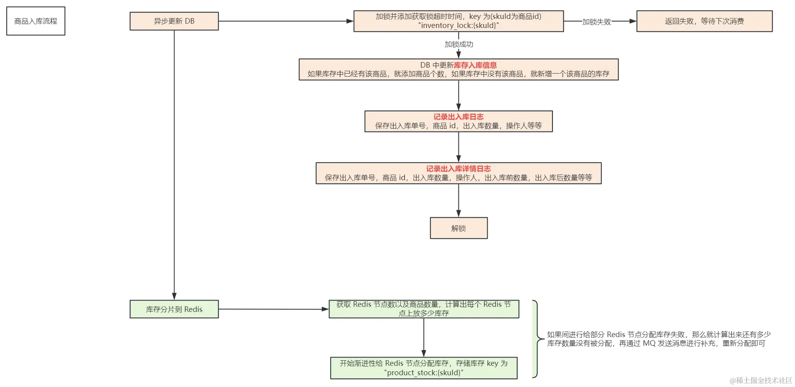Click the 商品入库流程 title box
[36, 21]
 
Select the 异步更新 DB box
[174, 21]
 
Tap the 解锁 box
[459, 228]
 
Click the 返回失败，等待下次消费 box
[704, 21]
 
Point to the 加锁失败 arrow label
[597, 22]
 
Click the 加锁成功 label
[459, 44]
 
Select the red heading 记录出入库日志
[458, 117]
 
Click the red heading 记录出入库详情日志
[458, 169]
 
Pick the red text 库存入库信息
[475, 65]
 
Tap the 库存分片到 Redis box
[174, 309]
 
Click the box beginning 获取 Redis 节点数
[424, 309]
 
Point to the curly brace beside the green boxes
[536, 339]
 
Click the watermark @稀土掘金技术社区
[760, 380]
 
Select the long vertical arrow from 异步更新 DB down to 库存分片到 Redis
[174, 165]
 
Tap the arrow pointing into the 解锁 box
[459, 201]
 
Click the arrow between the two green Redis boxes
[424, 337]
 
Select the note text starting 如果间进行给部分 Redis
[658, 339]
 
